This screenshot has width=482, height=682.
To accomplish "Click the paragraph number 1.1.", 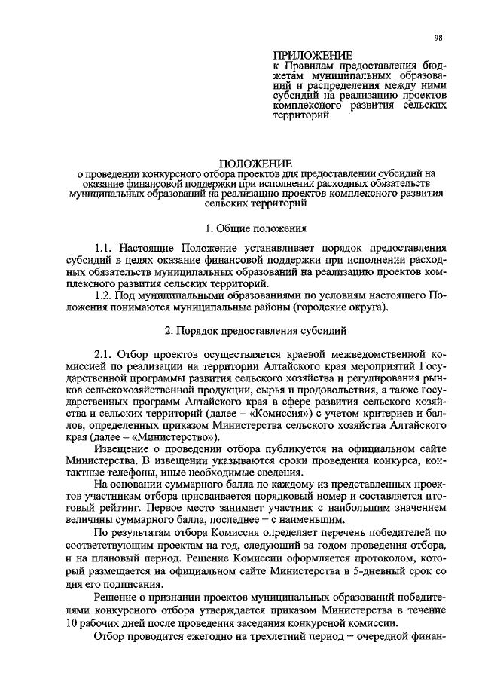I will tap(105, 247).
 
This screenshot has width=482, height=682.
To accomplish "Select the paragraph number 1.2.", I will tap(105, 295).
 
